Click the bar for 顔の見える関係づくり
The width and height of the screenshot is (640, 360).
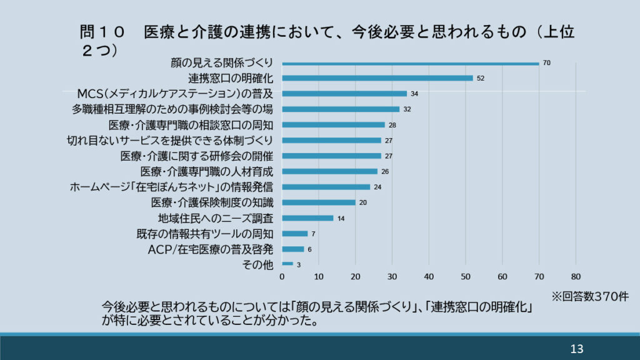(410, 63)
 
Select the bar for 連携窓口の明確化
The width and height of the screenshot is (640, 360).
(377, 78)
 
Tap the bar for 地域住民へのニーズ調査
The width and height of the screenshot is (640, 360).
(307, 218)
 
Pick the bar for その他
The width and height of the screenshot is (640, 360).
(287, 264)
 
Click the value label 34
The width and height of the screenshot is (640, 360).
(414, 94)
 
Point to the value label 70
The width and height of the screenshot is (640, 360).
(546, 63)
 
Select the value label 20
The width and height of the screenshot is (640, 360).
(363, 202)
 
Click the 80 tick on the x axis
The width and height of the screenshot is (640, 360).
(576, 276)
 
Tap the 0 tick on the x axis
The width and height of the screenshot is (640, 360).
(282, 276)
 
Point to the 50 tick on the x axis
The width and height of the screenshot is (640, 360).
(466, 276)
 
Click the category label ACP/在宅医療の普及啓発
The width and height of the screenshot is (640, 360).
(211, 249)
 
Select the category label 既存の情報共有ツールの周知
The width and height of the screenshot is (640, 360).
(205, 234)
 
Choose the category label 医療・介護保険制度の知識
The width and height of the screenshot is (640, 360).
(212, 202)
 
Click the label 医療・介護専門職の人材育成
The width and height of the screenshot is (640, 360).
(207, 171)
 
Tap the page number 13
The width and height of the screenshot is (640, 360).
(576, 349)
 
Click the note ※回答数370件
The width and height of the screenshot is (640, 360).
(589, 297)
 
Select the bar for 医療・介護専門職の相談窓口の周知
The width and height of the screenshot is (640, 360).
(333, 125)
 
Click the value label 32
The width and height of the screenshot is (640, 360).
(407, 109)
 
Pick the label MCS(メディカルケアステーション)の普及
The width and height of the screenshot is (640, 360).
(176, 94)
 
